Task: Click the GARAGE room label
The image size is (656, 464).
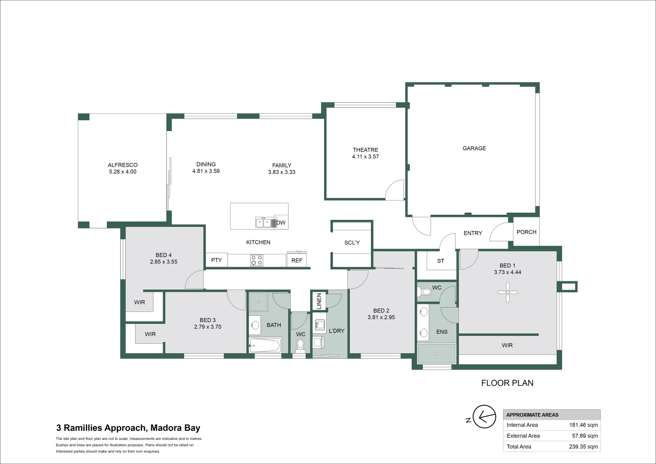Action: click(474, 148)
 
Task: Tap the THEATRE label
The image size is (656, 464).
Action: click(365, 150)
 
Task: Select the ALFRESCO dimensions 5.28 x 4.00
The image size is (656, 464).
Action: click(123, 172)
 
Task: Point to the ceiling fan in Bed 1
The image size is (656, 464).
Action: click(507, 292)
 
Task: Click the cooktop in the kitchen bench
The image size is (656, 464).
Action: click(257, 260)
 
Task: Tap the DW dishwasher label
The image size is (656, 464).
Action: click(281, 223)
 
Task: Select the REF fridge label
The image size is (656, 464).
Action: click(297, 260)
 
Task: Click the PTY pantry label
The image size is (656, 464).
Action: click(216, 260)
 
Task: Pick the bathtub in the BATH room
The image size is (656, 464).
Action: click(265, 345)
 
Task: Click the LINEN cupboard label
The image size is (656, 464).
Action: click(319, 301)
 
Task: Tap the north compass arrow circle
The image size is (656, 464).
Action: click(484, 416)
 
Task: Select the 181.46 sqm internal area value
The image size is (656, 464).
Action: click(583, 425)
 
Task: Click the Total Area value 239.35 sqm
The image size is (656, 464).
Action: click(583, 447)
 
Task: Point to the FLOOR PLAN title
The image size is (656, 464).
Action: click(507, 383)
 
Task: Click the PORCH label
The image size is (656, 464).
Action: click(526, 232)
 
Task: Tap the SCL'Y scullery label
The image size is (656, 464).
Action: click(352, 242)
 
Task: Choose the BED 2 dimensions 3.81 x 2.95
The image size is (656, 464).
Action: click(381, 317)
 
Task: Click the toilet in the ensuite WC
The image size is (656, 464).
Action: click(425, 292)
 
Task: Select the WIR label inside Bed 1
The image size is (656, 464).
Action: click(507, 345)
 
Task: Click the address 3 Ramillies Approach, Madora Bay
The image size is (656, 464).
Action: click(128, 428)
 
